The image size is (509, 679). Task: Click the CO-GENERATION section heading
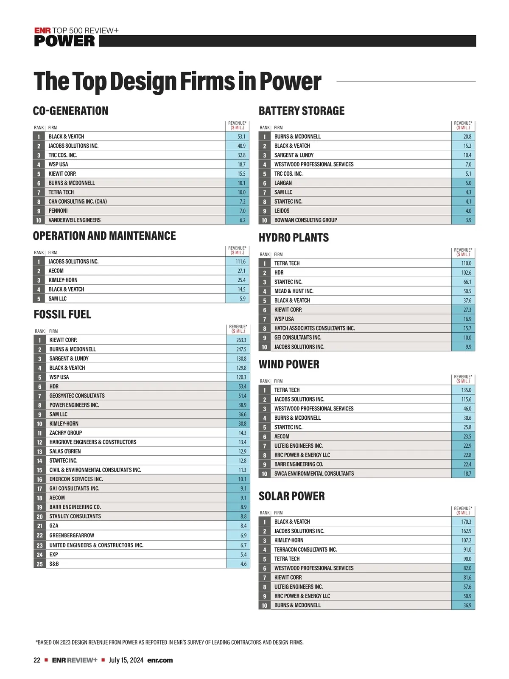coord(70,111)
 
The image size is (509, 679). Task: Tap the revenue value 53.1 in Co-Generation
coord(241,137)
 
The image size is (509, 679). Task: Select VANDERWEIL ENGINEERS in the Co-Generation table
coord(75,220)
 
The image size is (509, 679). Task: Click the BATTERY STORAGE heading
coord(302,111)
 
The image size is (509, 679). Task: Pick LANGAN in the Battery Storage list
coord(283,183)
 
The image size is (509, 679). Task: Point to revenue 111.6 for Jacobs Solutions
coord(241,262)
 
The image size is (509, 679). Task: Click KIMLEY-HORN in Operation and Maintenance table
coord(63,280)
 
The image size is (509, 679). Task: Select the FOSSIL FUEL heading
coord(62,314)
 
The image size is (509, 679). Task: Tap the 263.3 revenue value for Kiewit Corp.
coord(241,340)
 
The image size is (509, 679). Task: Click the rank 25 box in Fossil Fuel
coord(39,564)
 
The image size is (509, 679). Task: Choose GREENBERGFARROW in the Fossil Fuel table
coord(72,536)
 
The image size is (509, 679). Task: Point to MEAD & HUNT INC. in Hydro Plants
coord(294,291)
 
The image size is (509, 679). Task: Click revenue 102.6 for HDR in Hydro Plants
coord(466,272)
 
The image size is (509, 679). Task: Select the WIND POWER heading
coord(289,365)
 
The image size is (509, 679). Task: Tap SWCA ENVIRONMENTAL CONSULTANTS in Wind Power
coord(314,474)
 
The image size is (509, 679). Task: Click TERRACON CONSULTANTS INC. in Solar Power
coord(305,550)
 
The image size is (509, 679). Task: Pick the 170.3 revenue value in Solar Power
coord(466,522)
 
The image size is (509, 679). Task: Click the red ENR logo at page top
coord(42,31)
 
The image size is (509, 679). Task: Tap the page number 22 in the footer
coord(37,660)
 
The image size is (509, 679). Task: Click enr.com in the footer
coord(160,660)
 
